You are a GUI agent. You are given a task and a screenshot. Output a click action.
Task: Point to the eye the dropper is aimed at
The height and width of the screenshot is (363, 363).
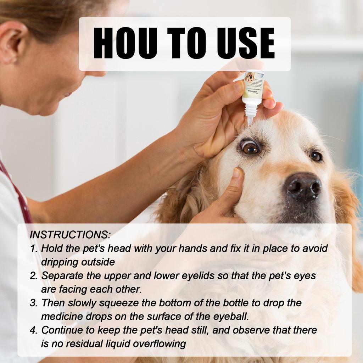pos(250,147)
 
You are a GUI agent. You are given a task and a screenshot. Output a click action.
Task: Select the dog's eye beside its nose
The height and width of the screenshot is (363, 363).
pos(315,156)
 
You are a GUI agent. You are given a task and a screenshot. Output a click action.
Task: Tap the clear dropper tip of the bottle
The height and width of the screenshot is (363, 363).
pos(250,120)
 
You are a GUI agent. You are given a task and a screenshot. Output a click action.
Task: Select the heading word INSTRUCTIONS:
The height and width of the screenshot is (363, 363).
pos(70,235)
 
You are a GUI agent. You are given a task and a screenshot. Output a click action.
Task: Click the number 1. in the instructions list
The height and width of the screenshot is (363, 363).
pos(34,248)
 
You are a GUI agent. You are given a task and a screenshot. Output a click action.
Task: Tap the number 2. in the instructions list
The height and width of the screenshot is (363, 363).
pos(34,276)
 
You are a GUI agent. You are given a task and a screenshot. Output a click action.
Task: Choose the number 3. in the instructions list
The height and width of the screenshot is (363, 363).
pos(34,303)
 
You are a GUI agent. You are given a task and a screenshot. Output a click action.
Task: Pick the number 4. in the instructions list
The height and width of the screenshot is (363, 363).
pos(34,330)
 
